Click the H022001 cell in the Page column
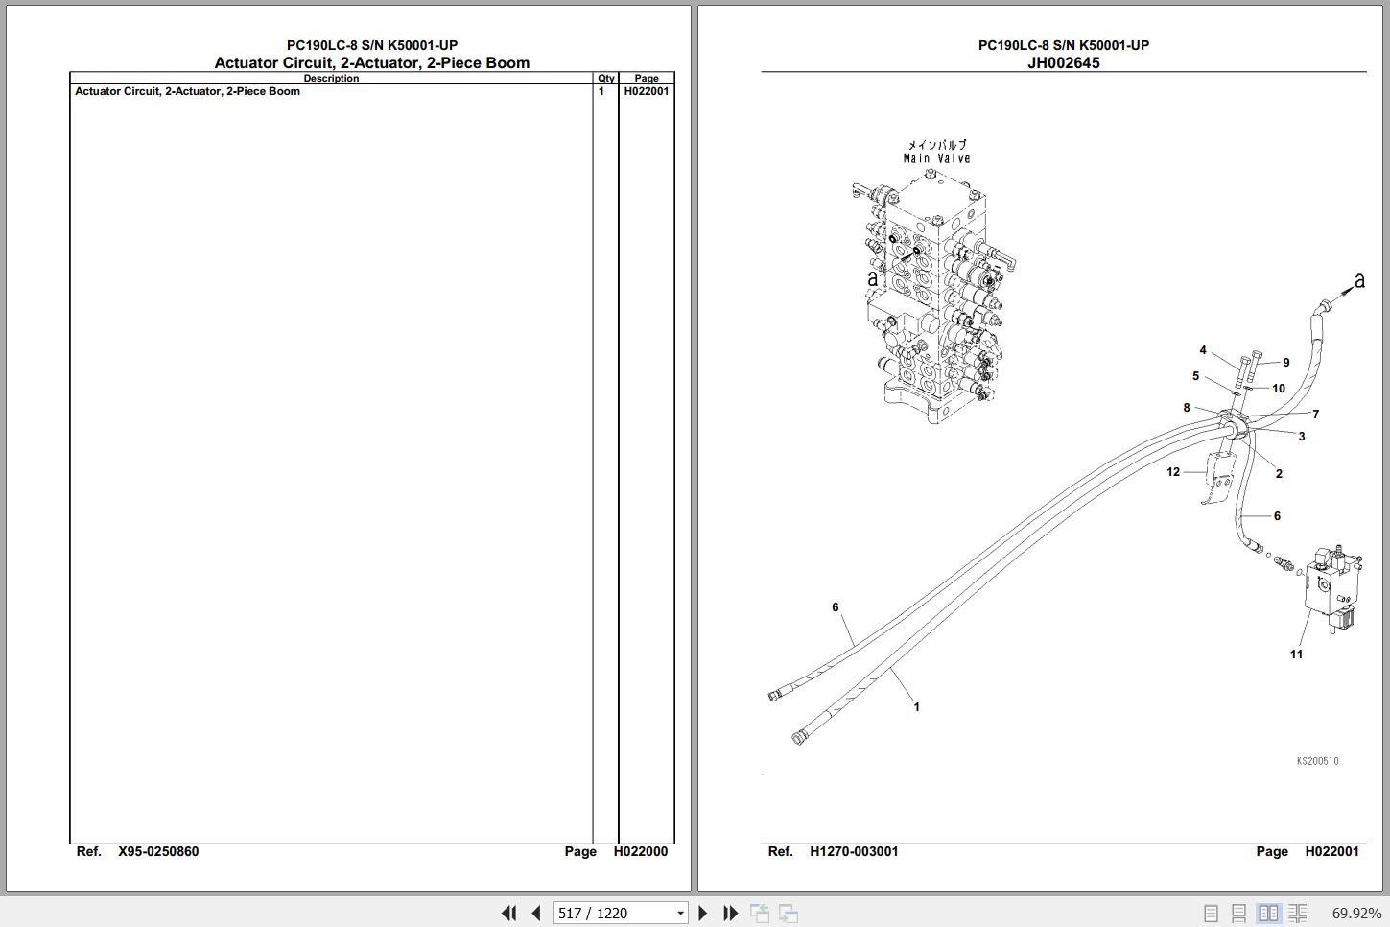tap(646, 91)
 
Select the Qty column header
tap(605, 79)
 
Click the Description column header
tap(331, 79)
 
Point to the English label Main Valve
tap(936, 158)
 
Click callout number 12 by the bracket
tap(1173, 472)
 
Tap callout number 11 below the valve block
tap(1296, 654)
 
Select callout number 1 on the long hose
tap(916, 706)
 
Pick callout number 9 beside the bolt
tap(1286, 362)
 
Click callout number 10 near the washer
tap(1279, 388)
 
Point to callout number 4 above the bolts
tap(1203, 350)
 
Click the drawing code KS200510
tap(1317, 761)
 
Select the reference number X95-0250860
tap(158, 851)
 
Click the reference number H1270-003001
tap(854, 851)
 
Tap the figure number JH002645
tap(1064, 62)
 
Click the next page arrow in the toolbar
tap(702, 913)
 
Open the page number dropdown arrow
tap(680, 913)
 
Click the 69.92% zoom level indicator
tap(1356, 913)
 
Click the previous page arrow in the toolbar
tap(537, 913)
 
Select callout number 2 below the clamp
tap(1279, 473)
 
